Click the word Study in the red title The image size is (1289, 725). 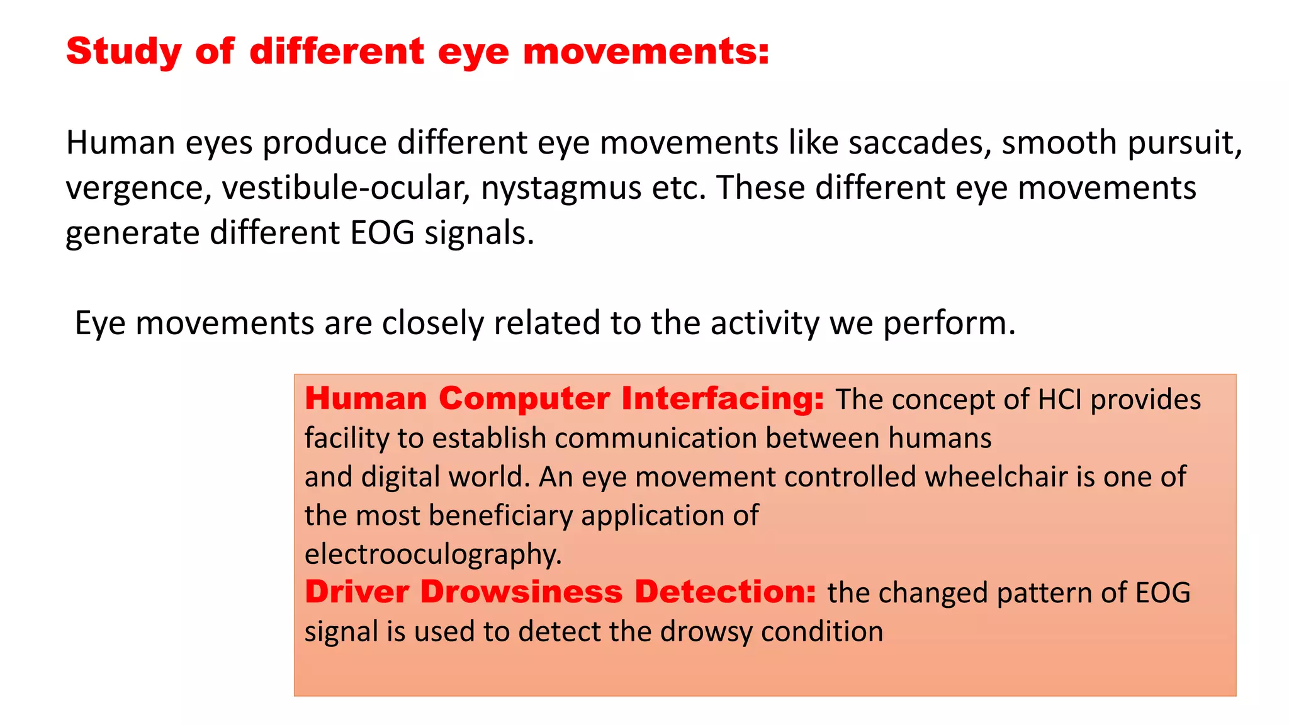[124, 52]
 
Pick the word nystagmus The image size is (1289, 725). [561, 189]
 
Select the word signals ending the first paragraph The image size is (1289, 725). [479, 233]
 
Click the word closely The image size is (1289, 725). [432, 323]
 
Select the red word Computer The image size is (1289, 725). [524, 399]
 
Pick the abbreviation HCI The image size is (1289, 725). [1060, 400]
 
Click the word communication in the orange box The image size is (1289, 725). [655, 438]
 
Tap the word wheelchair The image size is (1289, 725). [996, 476]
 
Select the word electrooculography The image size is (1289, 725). [433, 554]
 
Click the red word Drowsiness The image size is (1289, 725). [521, 592]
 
